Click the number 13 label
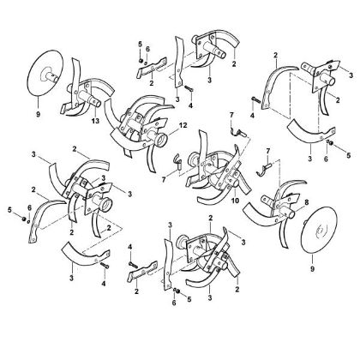tap(95, 121)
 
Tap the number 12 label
tap(183, 125)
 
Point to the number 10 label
tap(235, 201)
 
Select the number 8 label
tap(307, 202)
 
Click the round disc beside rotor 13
tap(45, 74)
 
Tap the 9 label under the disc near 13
tap(39, 115)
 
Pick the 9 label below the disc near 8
tap(312, 269)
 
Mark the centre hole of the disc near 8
tap(320, 230)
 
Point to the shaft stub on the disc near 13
tap(54, 76)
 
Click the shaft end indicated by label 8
tap(291, 213)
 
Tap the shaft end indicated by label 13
tap(97, 102)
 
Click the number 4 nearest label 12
tap(190, 105)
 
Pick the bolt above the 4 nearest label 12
tap(189, 88)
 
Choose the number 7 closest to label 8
tap(267, 151)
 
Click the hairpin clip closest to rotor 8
tap(264, 169)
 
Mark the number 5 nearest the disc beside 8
tap(348, 155)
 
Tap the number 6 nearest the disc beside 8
tap(326, 159)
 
